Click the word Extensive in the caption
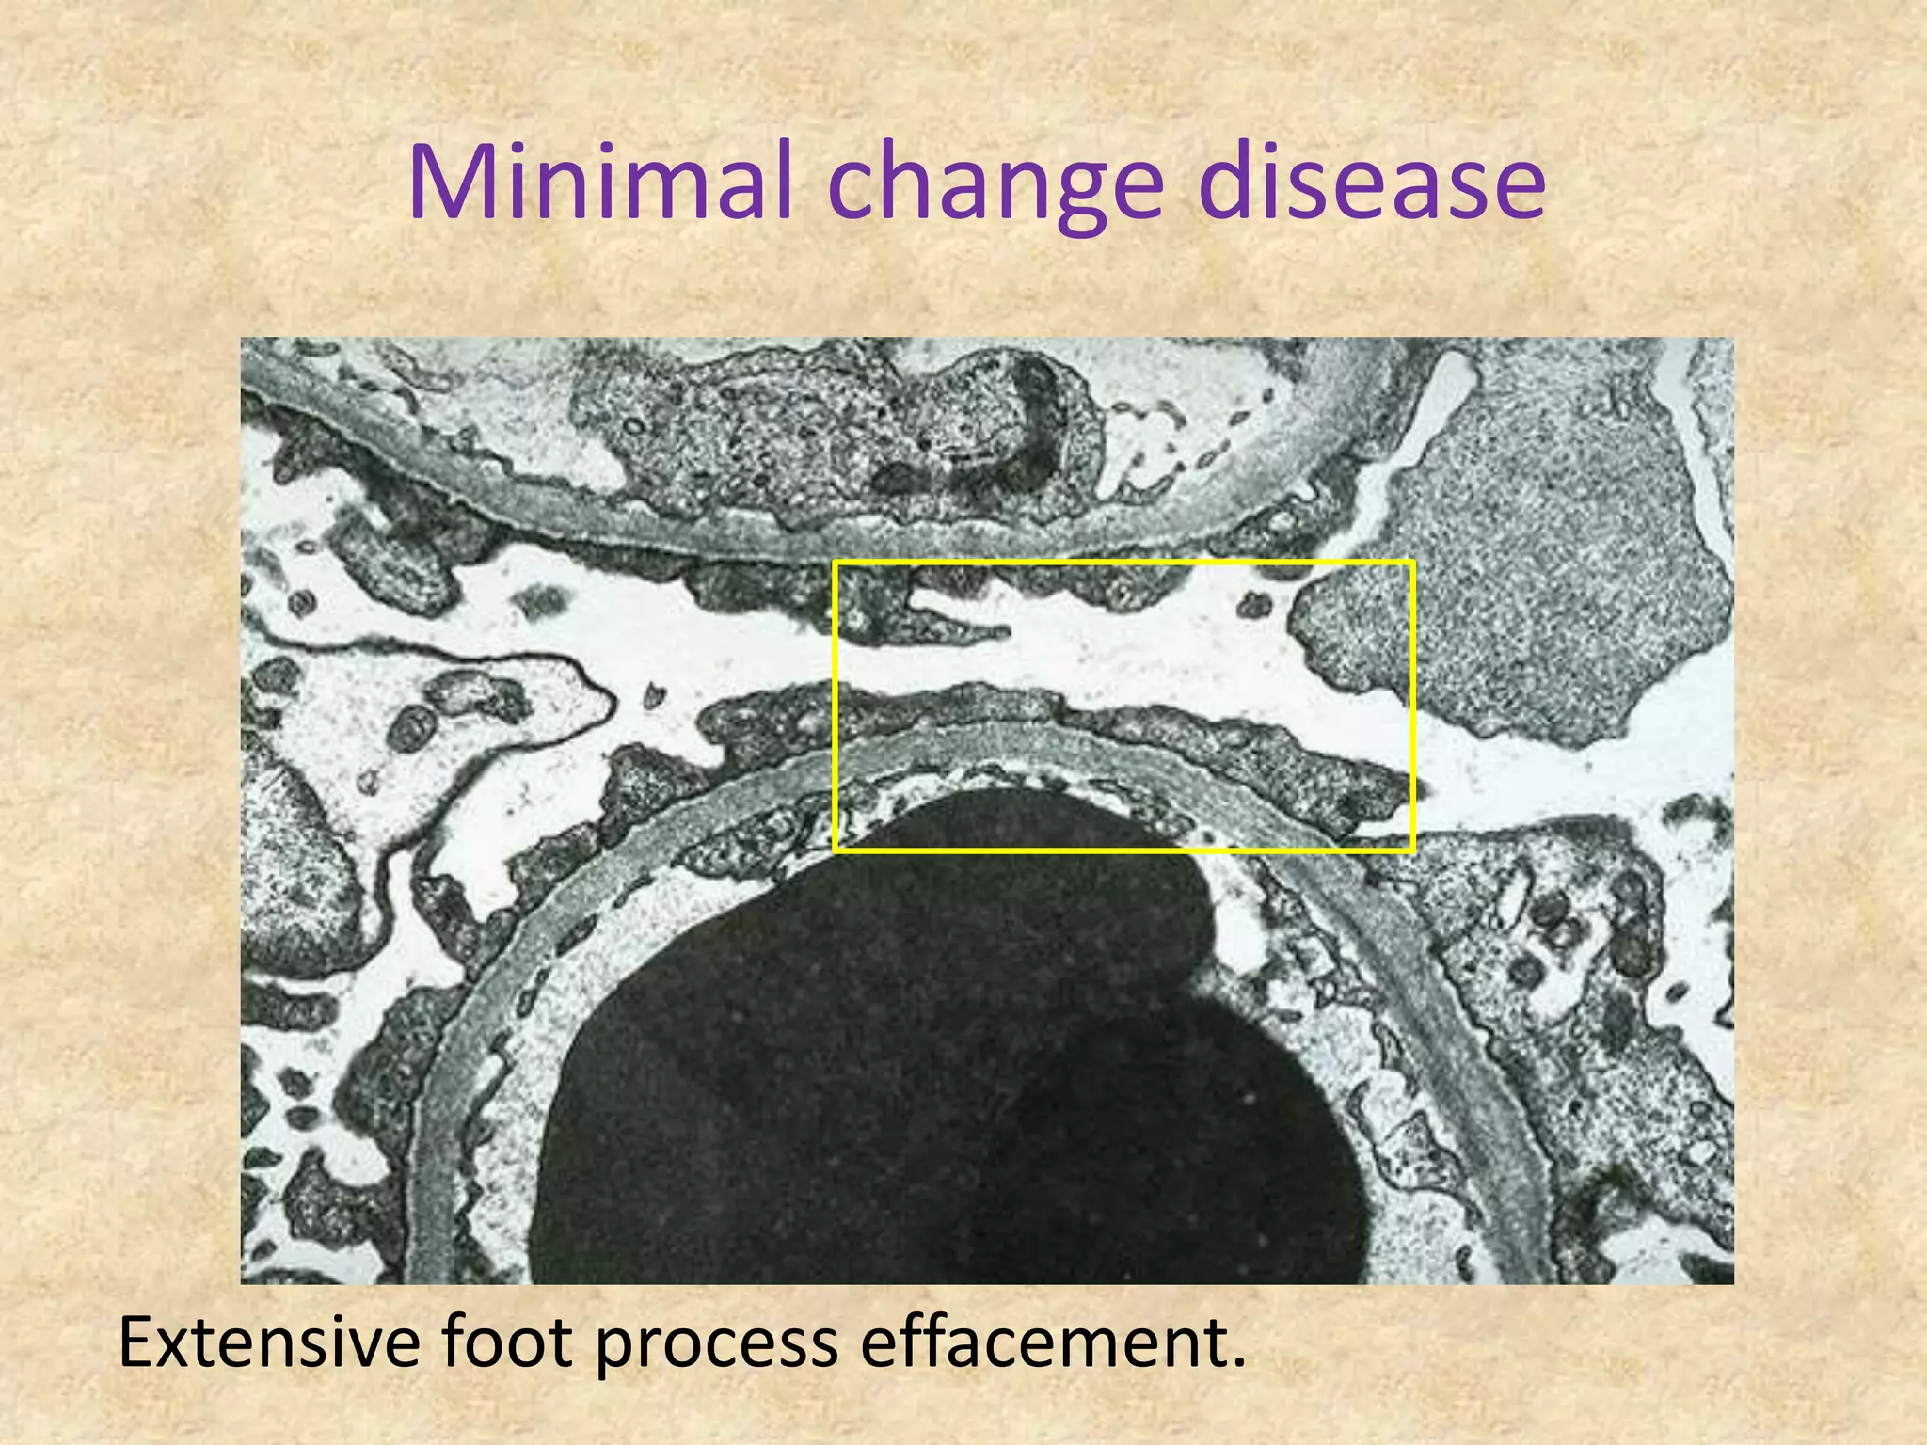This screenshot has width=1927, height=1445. click(x=268, y=1342)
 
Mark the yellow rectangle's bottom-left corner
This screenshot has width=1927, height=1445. click(x=836, y=850)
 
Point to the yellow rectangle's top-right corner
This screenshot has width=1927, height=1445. click(x=1412, y=562)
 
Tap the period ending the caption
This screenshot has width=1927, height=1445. click(x=1237, y=1363)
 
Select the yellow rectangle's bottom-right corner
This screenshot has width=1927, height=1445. click(x=1412, y=850)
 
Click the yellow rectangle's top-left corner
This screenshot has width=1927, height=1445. click(x=836, y=562)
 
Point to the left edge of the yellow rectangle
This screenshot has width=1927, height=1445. click(x=836, y=706)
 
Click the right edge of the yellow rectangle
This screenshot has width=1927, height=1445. click(x=1412, y=706)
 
